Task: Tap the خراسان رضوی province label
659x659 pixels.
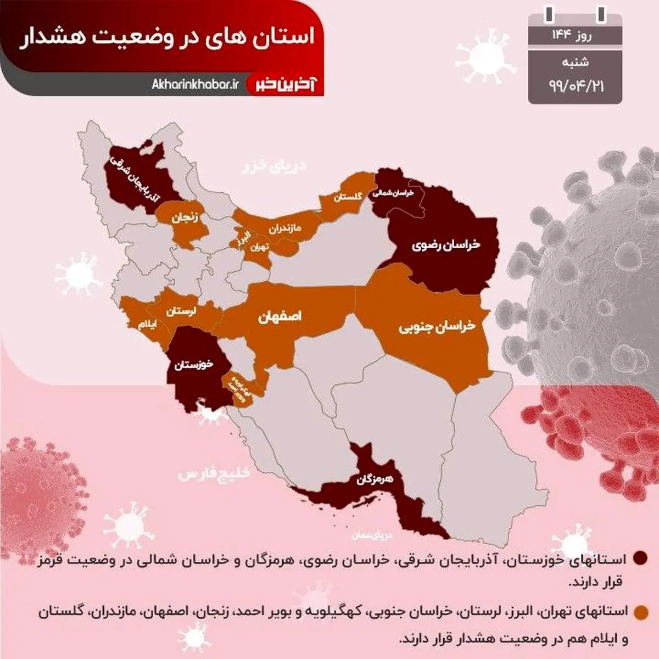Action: coord(446,244)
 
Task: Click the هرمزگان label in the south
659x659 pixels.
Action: coord(375,479)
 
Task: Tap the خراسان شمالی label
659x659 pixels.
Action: coord(392,193)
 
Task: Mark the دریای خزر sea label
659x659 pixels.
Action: coord(274,166)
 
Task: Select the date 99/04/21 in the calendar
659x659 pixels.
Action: coord(576,86)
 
